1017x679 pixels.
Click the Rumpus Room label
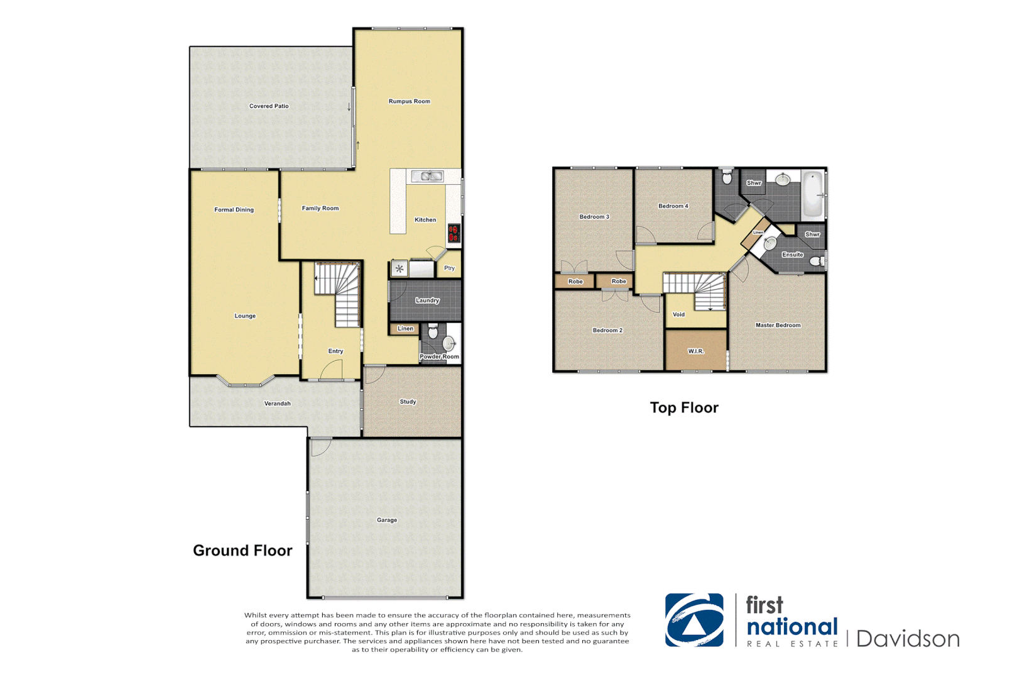(x=409, y=101)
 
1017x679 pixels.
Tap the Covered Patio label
(x=269, y=106)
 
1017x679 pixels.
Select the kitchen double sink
(x=427, y=177)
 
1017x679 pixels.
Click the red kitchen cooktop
(x=454, y=233)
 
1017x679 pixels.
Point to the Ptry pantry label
(x=449, y=268)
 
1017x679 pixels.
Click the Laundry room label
(x=427, y=301)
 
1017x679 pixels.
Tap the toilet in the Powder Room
(x=432, y=331)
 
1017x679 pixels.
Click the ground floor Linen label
(x=405, y=329)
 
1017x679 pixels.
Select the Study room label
(x=408, y=402)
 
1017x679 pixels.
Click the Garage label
(x=386, y=520)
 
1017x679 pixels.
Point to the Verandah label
(x=277, y=404)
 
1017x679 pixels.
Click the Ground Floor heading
(x=242, y=551)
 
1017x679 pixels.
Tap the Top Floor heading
(x=684, y=408)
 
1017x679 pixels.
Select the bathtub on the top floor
(x=813, y=194)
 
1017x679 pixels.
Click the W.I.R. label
(x=695, y=351)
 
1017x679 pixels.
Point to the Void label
(x=678, y=314)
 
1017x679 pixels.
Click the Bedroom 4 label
(x=673, y=206)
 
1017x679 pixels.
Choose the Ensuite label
(x=792, y=255)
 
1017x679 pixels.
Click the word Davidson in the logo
(x=908, y=639)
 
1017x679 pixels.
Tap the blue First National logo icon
(x=694, y=620)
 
